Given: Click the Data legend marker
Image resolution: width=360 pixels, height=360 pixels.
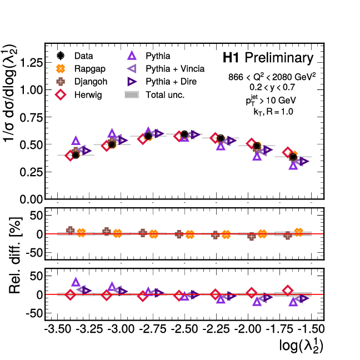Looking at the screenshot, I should tap(62, 56).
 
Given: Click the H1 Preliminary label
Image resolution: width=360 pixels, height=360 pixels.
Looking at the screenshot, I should tap(268, 58).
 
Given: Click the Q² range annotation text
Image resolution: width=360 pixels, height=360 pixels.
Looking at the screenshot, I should tap(272, 77).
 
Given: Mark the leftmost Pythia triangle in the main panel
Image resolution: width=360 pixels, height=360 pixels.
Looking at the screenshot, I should tap(76, 141).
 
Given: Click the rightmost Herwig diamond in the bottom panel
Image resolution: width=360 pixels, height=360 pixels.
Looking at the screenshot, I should tap(288, 290).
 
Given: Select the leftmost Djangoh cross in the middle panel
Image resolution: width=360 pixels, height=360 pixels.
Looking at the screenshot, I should tap(71, 231).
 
